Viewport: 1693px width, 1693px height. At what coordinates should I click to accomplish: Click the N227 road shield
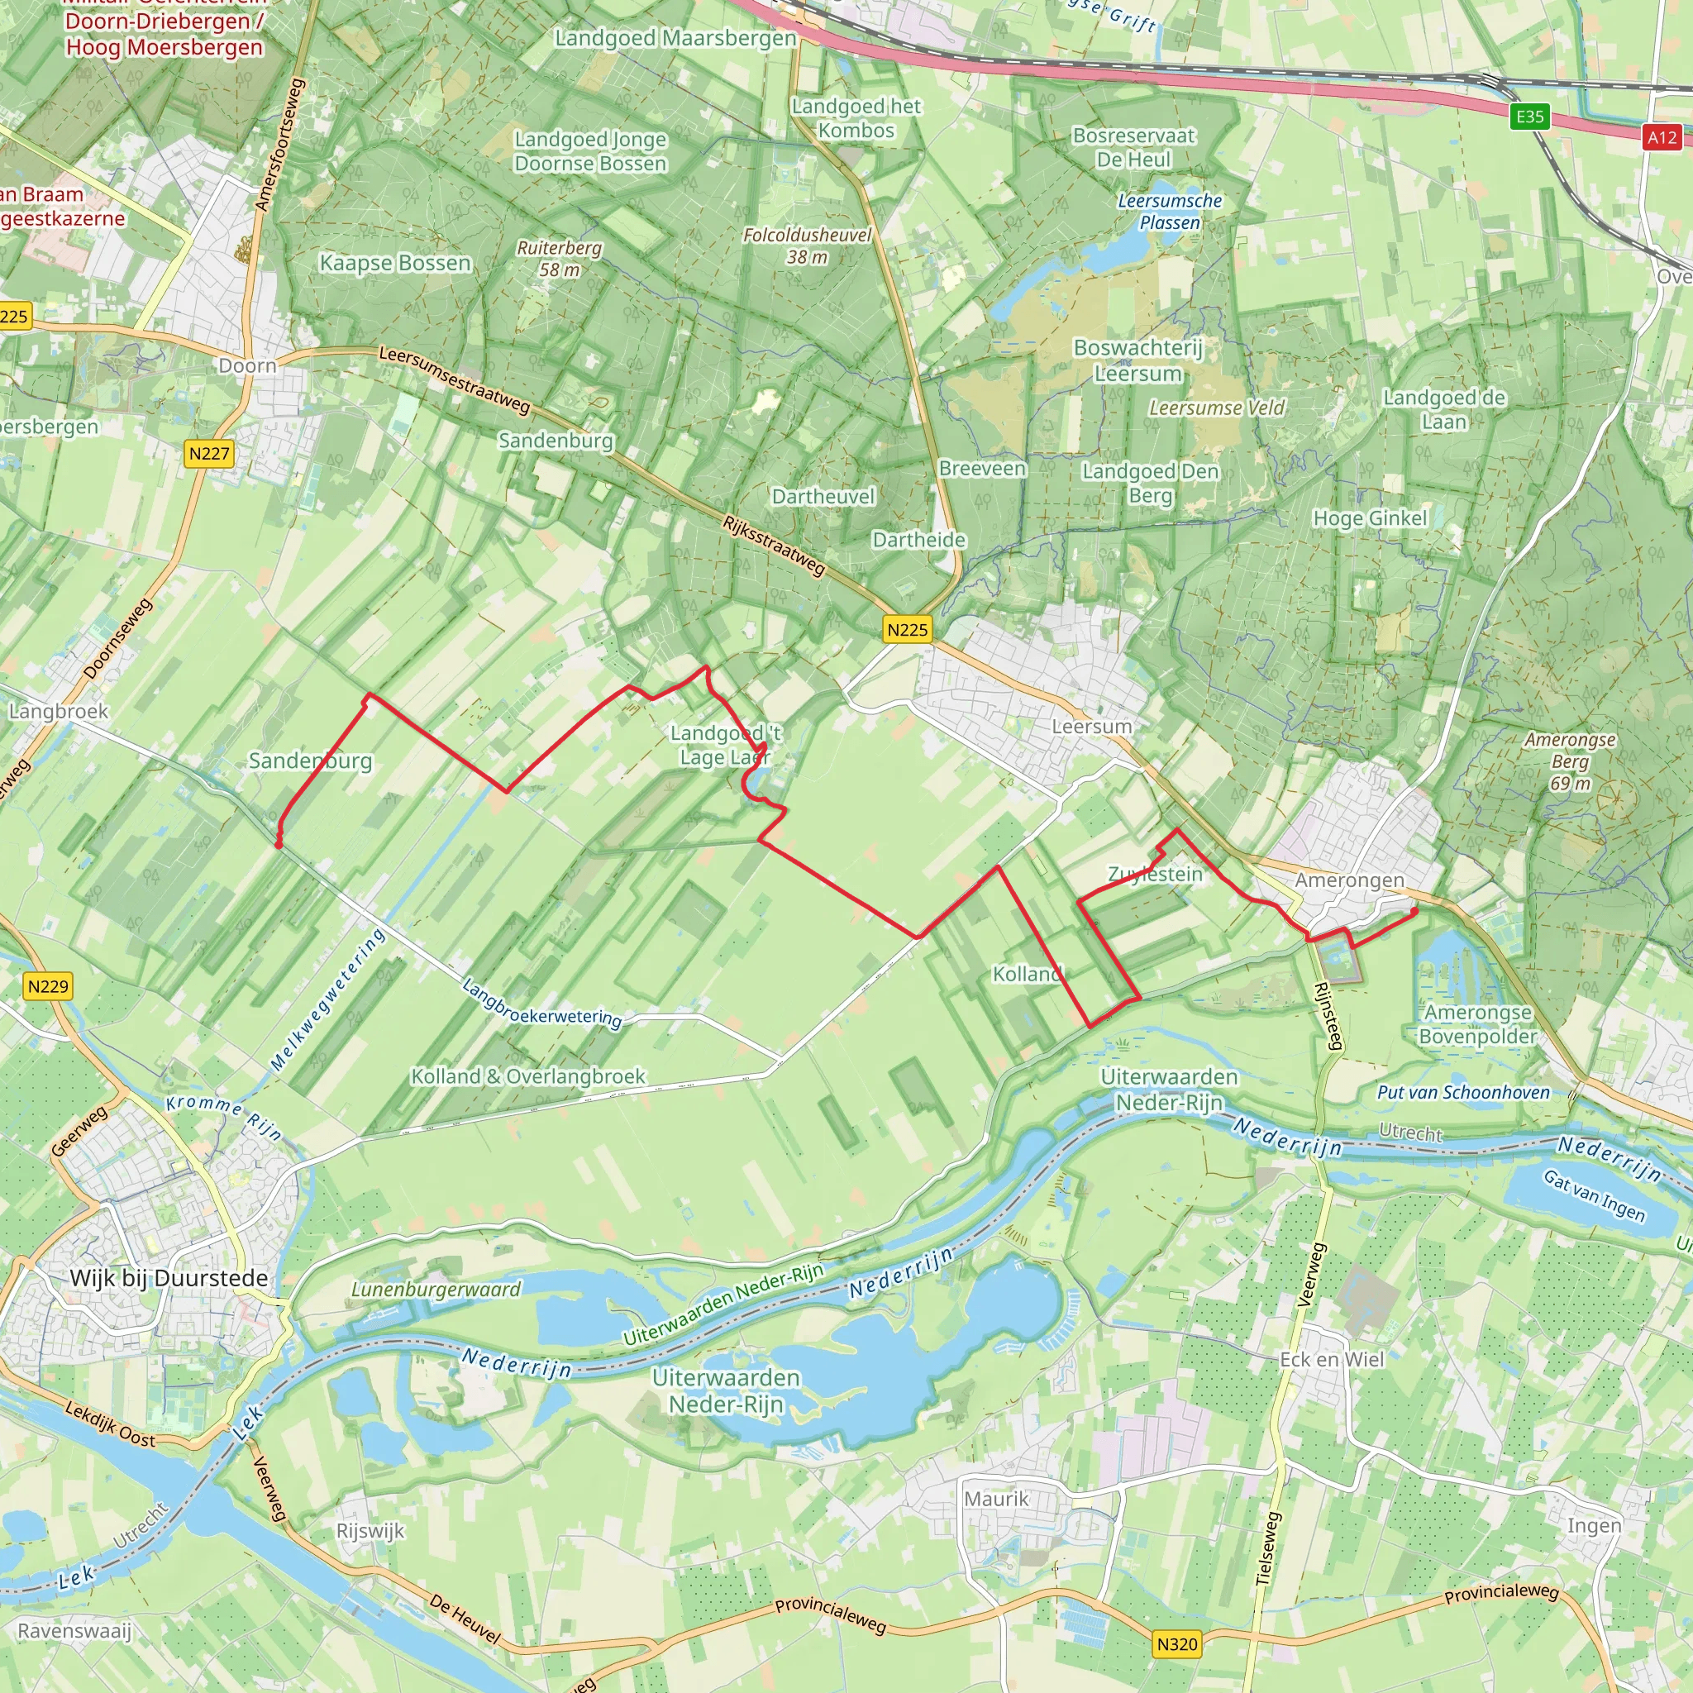point(209,454)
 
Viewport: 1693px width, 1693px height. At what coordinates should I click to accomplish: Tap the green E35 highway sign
point(1530,117)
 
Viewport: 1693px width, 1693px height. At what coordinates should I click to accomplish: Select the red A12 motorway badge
point(1662,137)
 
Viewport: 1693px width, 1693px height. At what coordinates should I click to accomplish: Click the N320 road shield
point(1177,1644)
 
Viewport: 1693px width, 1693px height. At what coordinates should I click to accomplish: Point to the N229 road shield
point(48,987)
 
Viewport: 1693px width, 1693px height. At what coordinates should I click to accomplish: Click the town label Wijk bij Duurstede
point(169,1279)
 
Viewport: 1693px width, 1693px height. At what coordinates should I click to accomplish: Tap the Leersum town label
point(1092,727)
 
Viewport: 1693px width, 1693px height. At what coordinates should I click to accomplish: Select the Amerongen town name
point(1349,880)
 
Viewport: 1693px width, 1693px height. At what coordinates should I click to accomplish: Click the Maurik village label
point(996,1499)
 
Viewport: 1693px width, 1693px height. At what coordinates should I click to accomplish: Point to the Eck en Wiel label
point(1332,1359)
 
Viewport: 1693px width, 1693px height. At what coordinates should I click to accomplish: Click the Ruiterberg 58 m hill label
point(559,259)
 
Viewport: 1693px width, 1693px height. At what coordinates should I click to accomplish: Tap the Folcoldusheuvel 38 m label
point(807,246)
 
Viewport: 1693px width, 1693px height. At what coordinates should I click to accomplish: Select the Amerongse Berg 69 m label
point(1570,761)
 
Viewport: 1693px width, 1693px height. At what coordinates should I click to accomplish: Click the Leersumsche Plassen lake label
point(1169,211)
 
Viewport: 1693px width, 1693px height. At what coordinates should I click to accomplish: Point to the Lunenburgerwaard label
point(436,1290)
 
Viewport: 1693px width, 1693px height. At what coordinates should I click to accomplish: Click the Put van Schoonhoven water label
point(1463,1092)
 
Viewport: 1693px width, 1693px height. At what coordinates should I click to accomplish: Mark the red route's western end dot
point(279,845)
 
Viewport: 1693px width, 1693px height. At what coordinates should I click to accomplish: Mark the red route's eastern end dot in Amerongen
point(1414,911)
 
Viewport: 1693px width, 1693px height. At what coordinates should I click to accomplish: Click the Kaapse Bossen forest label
point(395,263)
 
